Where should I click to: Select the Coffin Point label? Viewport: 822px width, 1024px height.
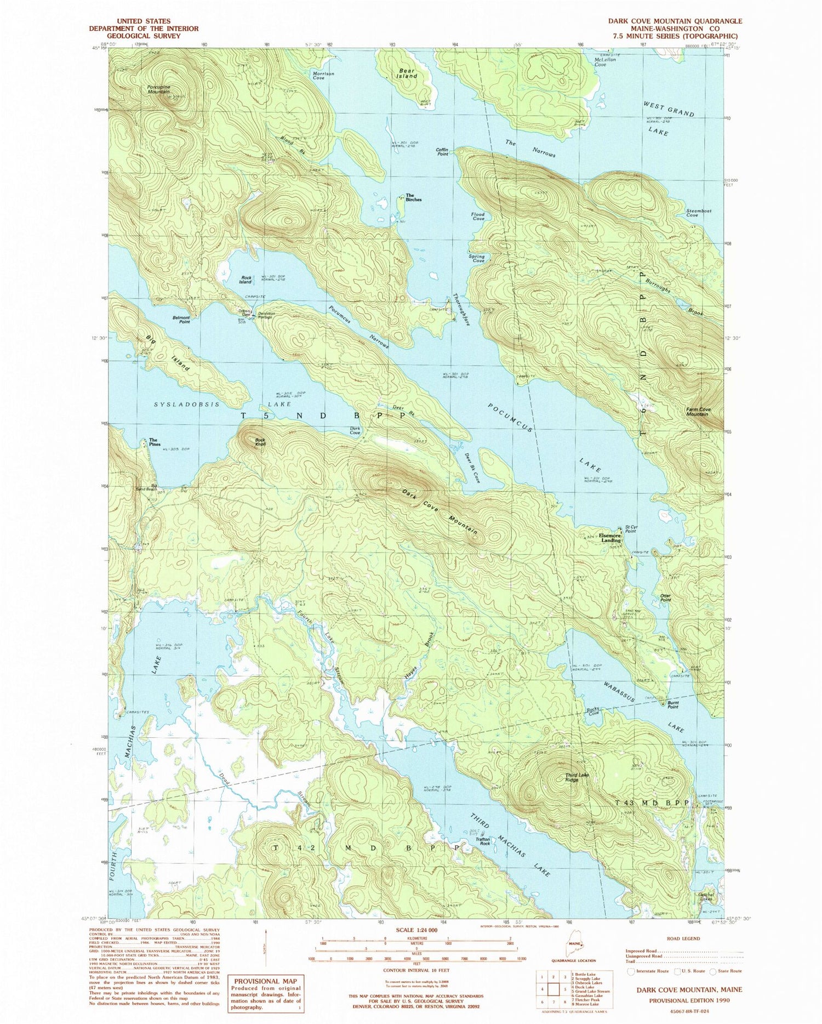click(x=442, y=152)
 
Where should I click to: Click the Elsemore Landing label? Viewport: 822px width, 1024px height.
click(x=610, y=538)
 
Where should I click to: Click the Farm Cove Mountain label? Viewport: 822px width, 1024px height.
click(x=698, y=412)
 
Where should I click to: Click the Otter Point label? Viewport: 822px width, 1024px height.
click(x=665, y=598)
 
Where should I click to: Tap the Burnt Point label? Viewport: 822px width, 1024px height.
click(x=673, y=706)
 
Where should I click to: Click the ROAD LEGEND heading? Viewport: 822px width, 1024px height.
click(x=682, y=938)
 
